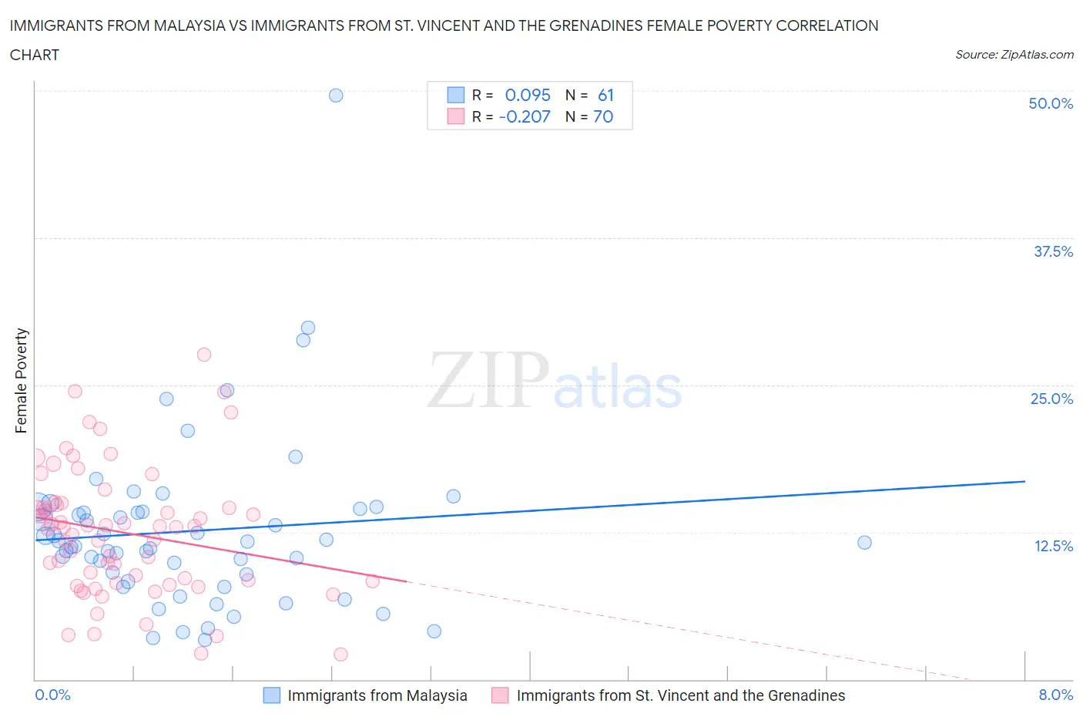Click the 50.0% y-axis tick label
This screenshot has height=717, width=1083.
pos(1051,103)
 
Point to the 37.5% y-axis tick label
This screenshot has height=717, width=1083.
pos(1053,251)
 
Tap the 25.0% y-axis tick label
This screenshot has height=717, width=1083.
pos(1051,399)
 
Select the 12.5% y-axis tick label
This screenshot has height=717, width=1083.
pos(1053,546)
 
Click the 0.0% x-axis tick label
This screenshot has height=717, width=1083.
pos(52,695)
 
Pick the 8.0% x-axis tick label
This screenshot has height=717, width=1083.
pos(1055,695)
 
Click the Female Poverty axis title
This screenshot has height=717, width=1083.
pos(21,381)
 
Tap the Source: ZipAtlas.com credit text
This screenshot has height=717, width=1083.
pos(1014,54)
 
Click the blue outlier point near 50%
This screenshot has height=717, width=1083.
pos(336,96)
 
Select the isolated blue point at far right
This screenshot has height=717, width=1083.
pos(864,543)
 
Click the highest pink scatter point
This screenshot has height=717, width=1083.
pos(204,355)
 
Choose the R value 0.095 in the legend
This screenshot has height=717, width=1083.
pos(528,95)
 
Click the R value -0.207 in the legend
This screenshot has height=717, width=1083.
pos(525,116)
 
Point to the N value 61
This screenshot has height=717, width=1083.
pos(605,95)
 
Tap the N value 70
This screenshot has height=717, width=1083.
pos(603,116)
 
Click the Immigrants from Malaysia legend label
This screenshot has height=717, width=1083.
pos(377,695)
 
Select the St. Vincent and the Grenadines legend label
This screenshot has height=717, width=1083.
pos(680,695)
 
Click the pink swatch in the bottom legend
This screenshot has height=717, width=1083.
pos(500,695)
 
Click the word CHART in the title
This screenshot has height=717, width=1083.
pos(35,55)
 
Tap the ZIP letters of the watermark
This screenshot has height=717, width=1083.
pos(488,379)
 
